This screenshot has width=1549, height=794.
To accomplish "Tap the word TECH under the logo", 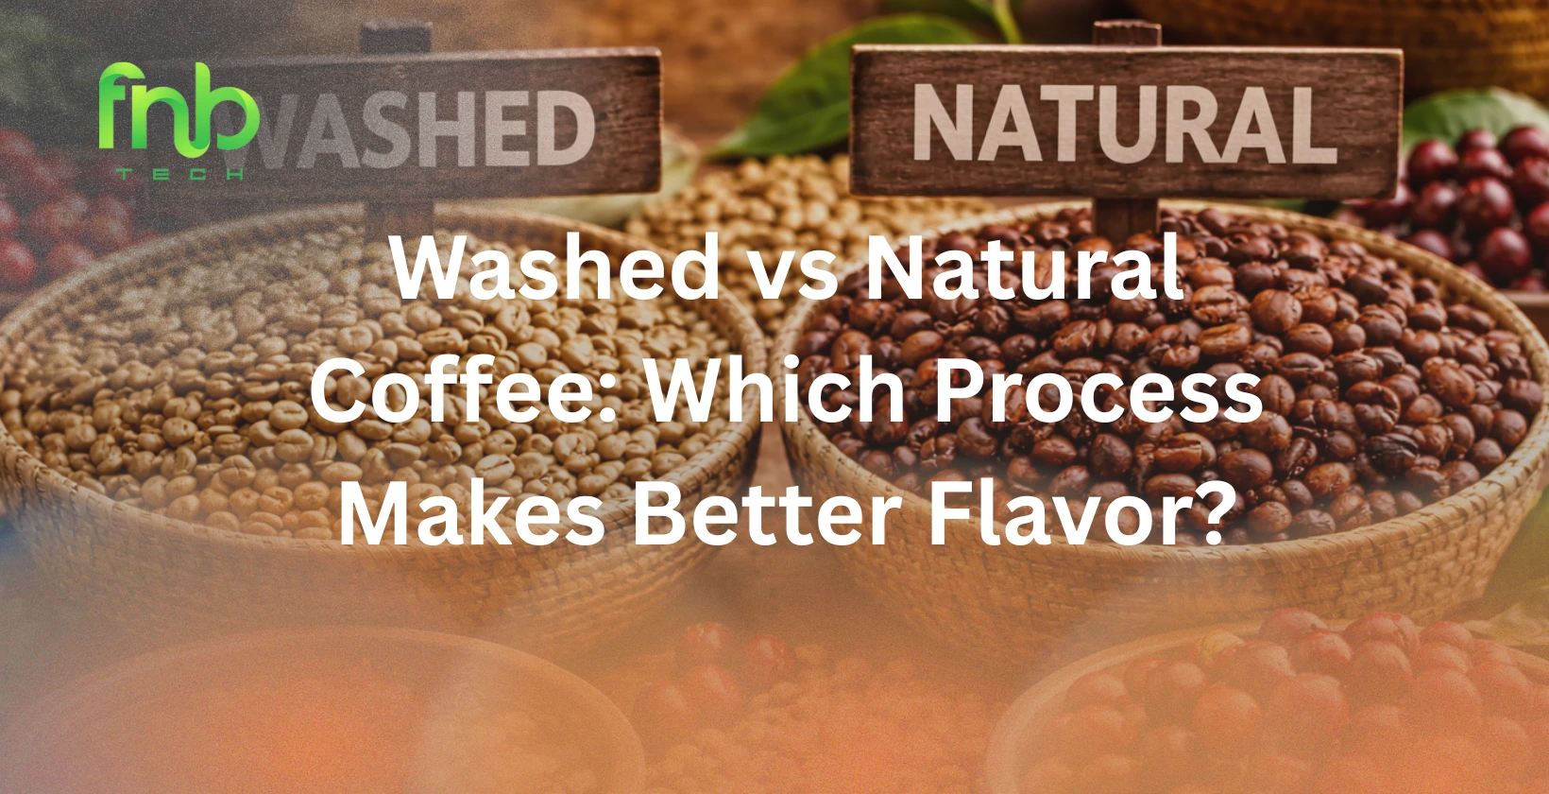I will click(179, 174).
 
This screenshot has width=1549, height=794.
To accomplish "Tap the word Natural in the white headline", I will click(1025, 270).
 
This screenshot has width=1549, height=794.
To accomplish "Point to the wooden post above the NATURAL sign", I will click(1126, 34).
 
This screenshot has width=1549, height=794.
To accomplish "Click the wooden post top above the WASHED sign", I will click(397, 36).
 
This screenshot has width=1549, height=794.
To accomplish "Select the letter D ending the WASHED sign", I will click(565, 129).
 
